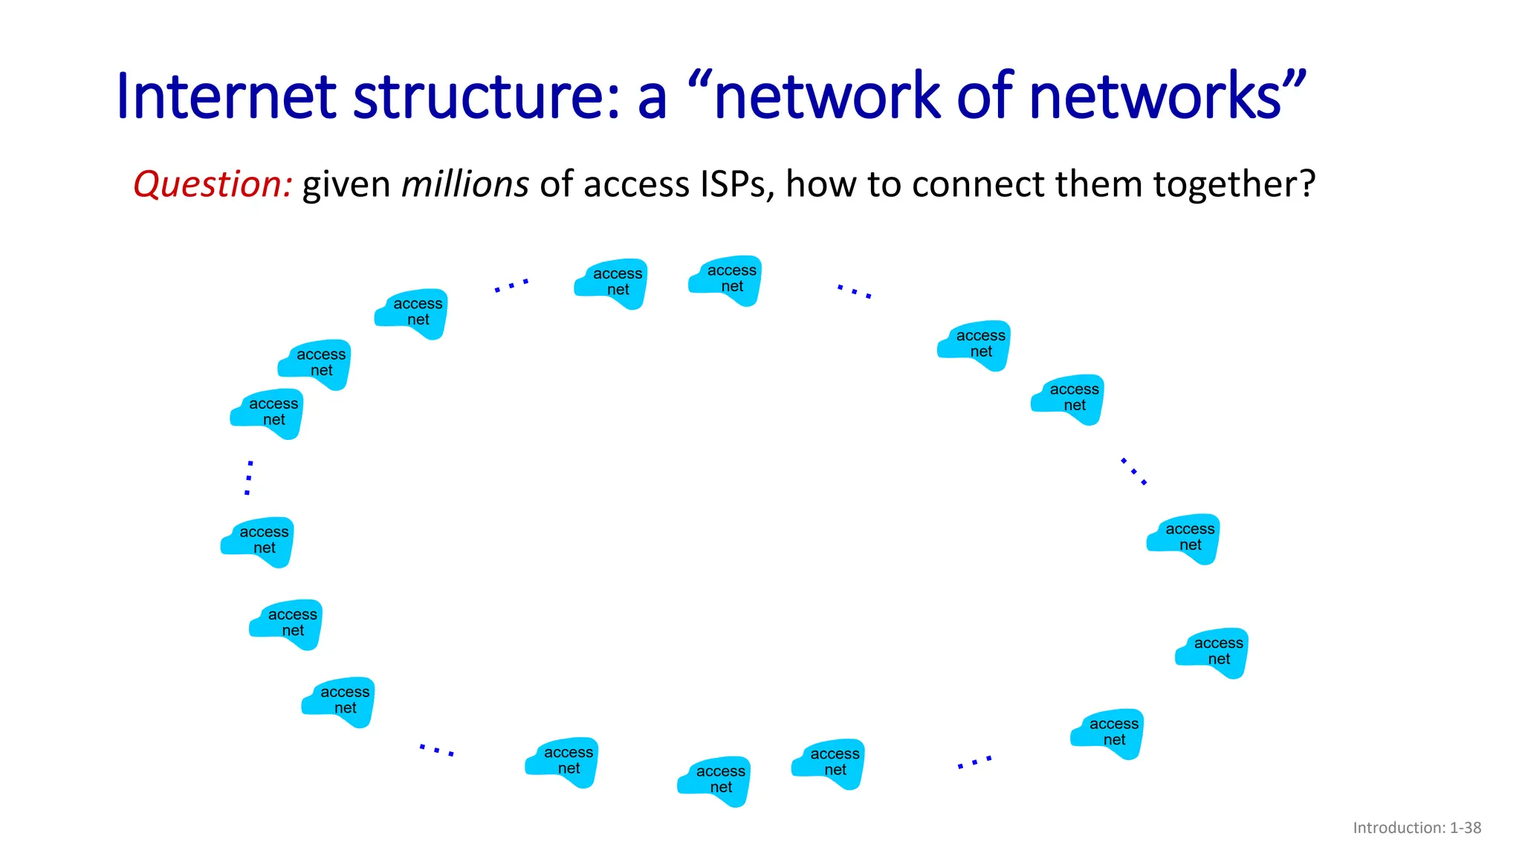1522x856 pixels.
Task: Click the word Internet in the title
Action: (227, 97)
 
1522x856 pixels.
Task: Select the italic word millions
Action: (465, 184)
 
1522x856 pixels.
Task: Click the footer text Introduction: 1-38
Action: (1416, 828)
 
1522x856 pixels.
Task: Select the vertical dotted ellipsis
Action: (249, 478)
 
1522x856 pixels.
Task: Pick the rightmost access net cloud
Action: (1212, 652)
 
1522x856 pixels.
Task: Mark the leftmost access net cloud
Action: (258, 541)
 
